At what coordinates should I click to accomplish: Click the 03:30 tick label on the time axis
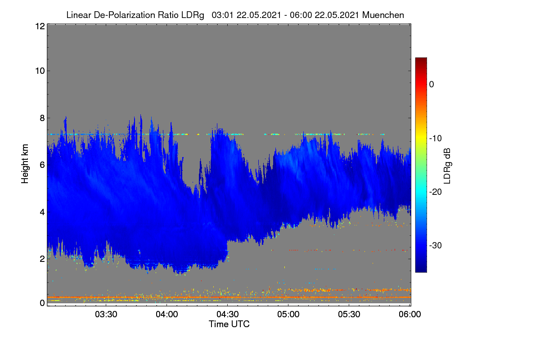click(x=106, y=314)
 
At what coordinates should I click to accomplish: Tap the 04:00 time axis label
click(x=167, y=314)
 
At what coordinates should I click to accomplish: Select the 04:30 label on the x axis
click(x=228, y=314)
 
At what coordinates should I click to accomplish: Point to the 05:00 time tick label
click(x=288, y=314)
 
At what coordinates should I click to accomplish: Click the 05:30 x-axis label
click(x=349, y=314)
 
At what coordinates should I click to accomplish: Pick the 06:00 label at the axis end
click(x=410, y=314)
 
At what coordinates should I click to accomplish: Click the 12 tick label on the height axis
click(x=40, y=26)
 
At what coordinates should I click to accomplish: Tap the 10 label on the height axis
click(x=40, y=71)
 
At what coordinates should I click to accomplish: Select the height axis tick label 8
click(x=42, y=118)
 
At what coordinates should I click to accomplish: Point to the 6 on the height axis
click(x=42, y=165)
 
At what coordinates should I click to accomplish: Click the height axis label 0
click(x=42, y=303)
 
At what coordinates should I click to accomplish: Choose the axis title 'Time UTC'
click(x=229, y=324)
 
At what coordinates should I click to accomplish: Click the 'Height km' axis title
click(x=25, y=164)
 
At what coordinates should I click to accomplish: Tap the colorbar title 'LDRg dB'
click(x=447, y=166)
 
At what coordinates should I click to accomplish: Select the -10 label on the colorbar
click(x=436, y=139)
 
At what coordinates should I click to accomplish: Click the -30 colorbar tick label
click(x=436, y=245)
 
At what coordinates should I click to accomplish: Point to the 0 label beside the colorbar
click(x=432, y=85)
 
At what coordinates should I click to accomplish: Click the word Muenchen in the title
click(x=383, y=15)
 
